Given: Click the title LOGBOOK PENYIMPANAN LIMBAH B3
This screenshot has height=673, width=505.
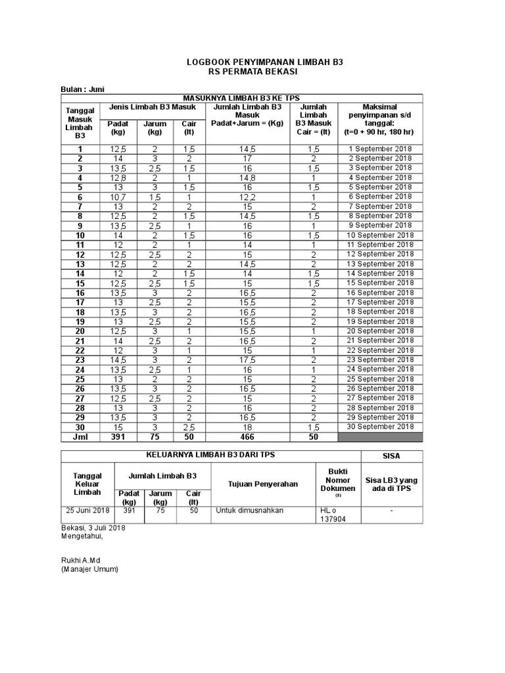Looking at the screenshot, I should pos(265,61).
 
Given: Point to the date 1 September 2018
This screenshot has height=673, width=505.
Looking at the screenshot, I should pos(381,149).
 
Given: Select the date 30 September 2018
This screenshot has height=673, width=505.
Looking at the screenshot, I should pos(381,427).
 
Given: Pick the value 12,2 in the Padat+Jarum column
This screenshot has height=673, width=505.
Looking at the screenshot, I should pos(248,197).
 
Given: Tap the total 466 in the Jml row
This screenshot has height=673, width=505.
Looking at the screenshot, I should pos(248,437).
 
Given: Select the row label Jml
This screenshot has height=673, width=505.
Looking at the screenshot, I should pos(80,437).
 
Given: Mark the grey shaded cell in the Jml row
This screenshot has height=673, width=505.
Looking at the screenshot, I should pos(381,437).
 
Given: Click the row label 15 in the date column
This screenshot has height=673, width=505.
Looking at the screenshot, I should pos(80,283).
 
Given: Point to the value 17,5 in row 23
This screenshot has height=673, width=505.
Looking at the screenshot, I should pos(248,360).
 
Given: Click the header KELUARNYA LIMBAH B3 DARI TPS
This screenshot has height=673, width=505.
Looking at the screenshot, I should pos(211,455).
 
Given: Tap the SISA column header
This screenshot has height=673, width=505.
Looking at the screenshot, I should pos(392,455).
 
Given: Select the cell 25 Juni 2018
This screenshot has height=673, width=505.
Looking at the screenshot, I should pos(87,510).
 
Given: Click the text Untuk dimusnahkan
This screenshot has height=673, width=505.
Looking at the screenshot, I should pos(242,510).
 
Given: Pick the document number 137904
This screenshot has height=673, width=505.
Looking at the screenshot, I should pos(333,519).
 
